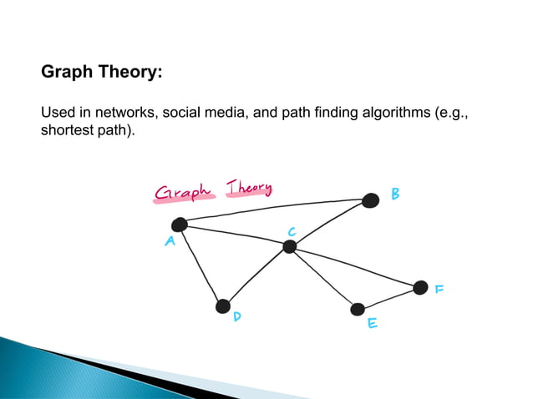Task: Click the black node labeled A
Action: pyautogui.click(x=179, y=224)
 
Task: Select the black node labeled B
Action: pyautogui.click(x=370, y=199)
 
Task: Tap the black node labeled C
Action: pyautogui.click(x=289, y=246)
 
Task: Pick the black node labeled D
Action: pyautogui.click(x=223, y=306)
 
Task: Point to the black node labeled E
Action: pyautogui.click(x=358, y=309)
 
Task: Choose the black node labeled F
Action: pyautogui.click(x=420, y=287)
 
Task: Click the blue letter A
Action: pyautogui.click(x=170, y=242)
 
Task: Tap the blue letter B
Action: pyautogui.click(x=395, y=194)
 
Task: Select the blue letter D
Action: pyautogui.click(x=238, y=318)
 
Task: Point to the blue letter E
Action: pyautogui.click(x=373, y=322)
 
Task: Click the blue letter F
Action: pyautogui.click(x=439, y=290)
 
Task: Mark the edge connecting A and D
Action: pyautogui.click(x=201, y=265)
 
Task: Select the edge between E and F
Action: pyautogui.click(x=389, y=298)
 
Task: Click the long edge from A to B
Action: pyautogui.click(x=276, y=210)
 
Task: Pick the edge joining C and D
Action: pyautogui.click(x=256, y=276)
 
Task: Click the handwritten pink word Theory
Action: pyautogui.click(x=249, y=188)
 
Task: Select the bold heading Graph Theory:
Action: pyautogui.click(x=101, y=73)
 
